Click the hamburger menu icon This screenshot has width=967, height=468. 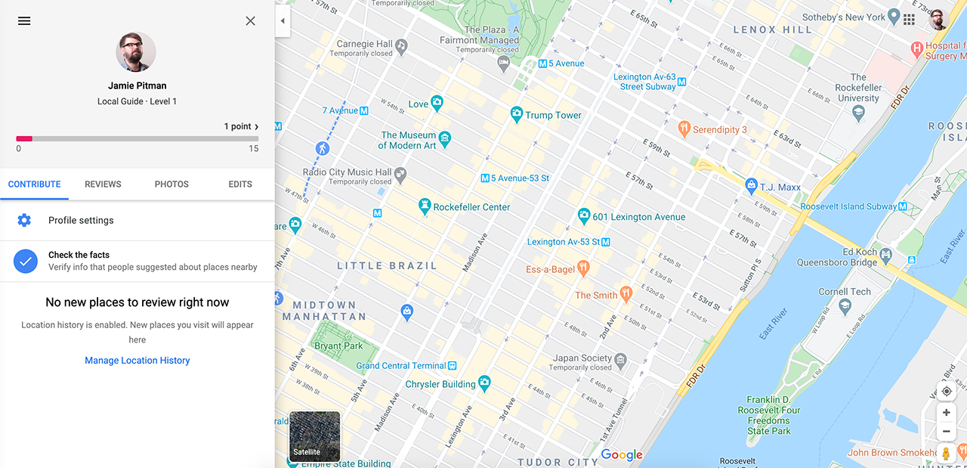(24, 21)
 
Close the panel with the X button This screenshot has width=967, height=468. (251, 21)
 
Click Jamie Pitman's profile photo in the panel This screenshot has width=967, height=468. (136, 52)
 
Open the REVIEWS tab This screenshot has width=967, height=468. (103, 184)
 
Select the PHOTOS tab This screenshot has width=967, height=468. (171, 184)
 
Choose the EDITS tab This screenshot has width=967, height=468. (240, 184)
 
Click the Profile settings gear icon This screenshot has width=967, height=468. (24, 220)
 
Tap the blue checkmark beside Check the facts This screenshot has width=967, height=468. (26, 261)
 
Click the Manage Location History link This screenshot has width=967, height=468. (137, 361)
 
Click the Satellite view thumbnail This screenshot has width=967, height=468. (315, 436)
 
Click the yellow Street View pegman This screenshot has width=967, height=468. (946, 454)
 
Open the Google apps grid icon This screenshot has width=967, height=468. (909, 19)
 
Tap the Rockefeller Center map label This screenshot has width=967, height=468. (471, 207)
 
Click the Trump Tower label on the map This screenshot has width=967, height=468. (553, 116)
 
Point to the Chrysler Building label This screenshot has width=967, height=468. (440, 384)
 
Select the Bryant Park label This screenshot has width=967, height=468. (338, 346)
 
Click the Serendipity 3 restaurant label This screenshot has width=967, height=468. (719, 129)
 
